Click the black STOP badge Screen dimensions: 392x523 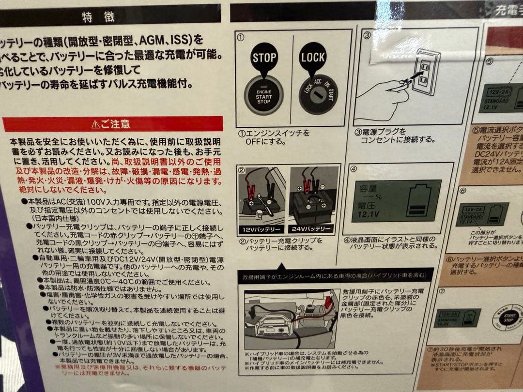[x=264, y=59]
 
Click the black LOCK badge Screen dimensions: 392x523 [x=313, y=59]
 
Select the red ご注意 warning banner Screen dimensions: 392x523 [x=112, y=124]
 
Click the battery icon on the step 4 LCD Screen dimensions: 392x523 [x=421, y=199]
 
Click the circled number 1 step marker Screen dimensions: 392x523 [x=241, y=36]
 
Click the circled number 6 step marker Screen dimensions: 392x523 [x=462, y=190]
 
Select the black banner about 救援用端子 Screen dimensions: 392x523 [x=334, y=276]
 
